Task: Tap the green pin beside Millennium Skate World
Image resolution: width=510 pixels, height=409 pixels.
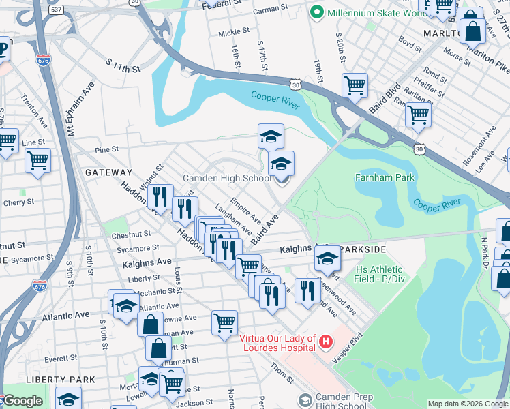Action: [x=316, y=13]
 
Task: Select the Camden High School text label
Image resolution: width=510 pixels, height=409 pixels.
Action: [x=227, y=179]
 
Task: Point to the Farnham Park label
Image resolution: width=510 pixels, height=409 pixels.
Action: [x=385, y=177]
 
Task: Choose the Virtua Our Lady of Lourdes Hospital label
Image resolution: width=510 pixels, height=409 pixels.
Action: [x=277, y=343]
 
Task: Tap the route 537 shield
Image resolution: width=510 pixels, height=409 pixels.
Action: [x=57, y=10]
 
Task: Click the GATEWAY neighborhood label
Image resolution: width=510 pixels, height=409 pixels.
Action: [x=108, y=173]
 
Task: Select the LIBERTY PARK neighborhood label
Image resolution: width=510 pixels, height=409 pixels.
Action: [x=31, y=379]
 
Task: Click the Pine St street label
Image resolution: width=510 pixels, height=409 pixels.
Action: [x=107, y=149]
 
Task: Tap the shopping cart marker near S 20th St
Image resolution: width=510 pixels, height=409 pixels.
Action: [x=355, y=86]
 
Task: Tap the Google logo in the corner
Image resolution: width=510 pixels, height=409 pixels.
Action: [x=22, y=401]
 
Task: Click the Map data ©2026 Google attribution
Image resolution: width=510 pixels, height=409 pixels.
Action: [x=468, y=404]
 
